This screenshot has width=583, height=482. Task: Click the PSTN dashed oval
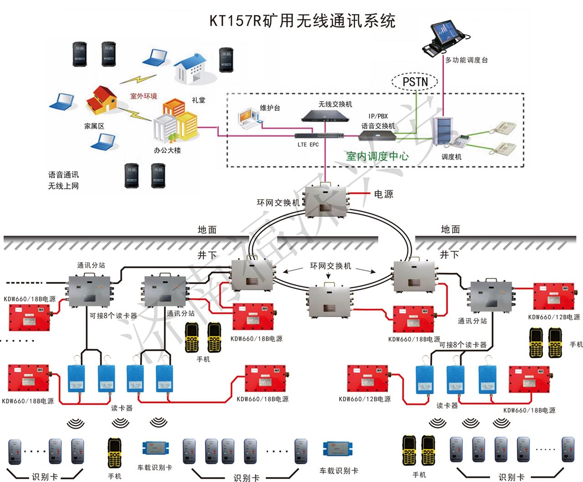click(x=414, y=82)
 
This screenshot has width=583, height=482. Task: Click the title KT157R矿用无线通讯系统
click(x=302, y=21)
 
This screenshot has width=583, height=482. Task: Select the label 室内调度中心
click(x=377, y=156)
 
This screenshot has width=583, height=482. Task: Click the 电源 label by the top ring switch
click(x=383, y=194)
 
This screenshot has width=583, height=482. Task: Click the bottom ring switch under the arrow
click(x=328, y=301)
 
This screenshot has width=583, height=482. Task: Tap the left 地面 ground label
click(x=207, y=230)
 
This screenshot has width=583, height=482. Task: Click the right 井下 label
click(x=449, y=254)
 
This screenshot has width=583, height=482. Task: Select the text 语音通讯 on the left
click(x=63, y=175)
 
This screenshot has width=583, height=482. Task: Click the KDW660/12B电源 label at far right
click(x=554, y=317)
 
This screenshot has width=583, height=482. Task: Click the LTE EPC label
click(x=308, y=145)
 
